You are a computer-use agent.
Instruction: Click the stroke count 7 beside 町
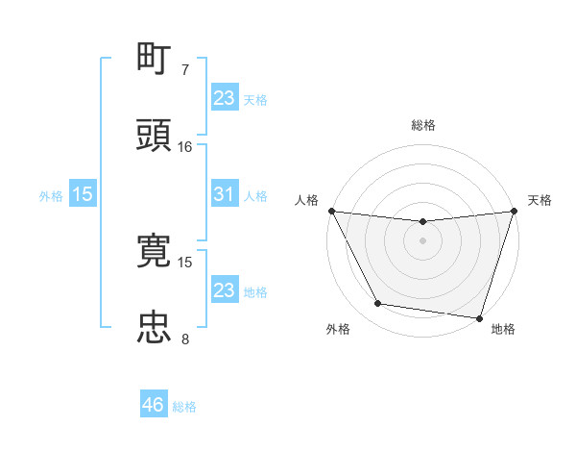click(184, 70)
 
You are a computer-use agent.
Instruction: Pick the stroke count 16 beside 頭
click(184, 146)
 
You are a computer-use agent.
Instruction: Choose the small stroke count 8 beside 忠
click(184, 339)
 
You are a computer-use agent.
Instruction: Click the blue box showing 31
click(224, 194)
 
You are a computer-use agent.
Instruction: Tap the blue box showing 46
click(153, 406)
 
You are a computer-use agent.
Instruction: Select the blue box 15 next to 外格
click(83, 194)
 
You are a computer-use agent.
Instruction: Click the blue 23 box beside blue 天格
click(224, 98)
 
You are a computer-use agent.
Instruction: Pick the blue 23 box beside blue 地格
click(224, 290)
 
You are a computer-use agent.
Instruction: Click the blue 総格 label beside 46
click(184, 407)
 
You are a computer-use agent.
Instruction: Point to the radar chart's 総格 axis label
click(422, 125)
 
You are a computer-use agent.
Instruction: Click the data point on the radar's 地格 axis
click(479, 317)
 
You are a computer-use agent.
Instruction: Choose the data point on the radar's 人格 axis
click(331, 211)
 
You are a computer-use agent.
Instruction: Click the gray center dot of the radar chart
click(422, 240)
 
